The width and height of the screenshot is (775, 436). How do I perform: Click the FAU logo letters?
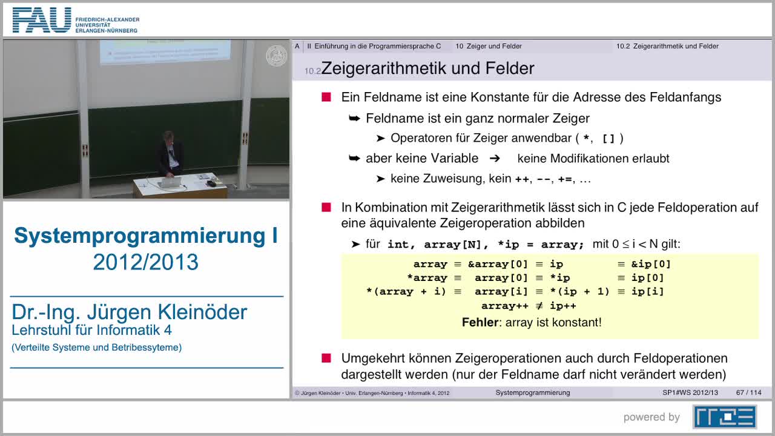coord(41,20)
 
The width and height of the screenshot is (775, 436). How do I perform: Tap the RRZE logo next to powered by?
coord(724,417)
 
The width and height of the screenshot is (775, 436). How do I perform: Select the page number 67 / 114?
coord(748,392)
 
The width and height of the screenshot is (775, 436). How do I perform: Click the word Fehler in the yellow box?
coord(480,322)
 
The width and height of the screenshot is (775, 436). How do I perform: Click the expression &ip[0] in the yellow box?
coord(651,264)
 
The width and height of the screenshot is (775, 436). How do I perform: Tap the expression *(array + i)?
coord(406,292)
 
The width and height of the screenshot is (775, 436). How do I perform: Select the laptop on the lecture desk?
coord(171,181)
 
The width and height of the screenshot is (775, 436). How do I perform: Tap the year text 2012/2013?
coord(145,262)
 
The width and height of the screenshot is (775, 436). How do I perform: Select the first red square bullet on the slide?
coord(326,97)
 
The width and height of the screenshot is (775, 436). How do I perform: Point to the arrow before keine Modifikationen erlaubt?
coord(495,158)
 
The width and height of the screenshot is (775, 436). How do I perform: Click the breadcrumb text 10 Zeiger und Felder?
coord(488,46)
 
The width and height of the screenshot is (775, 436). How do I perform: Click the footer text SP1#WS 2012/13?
coord(690,392)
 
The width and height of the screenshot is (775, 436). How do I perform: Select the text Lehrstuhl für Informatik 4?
coord(91,331)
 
